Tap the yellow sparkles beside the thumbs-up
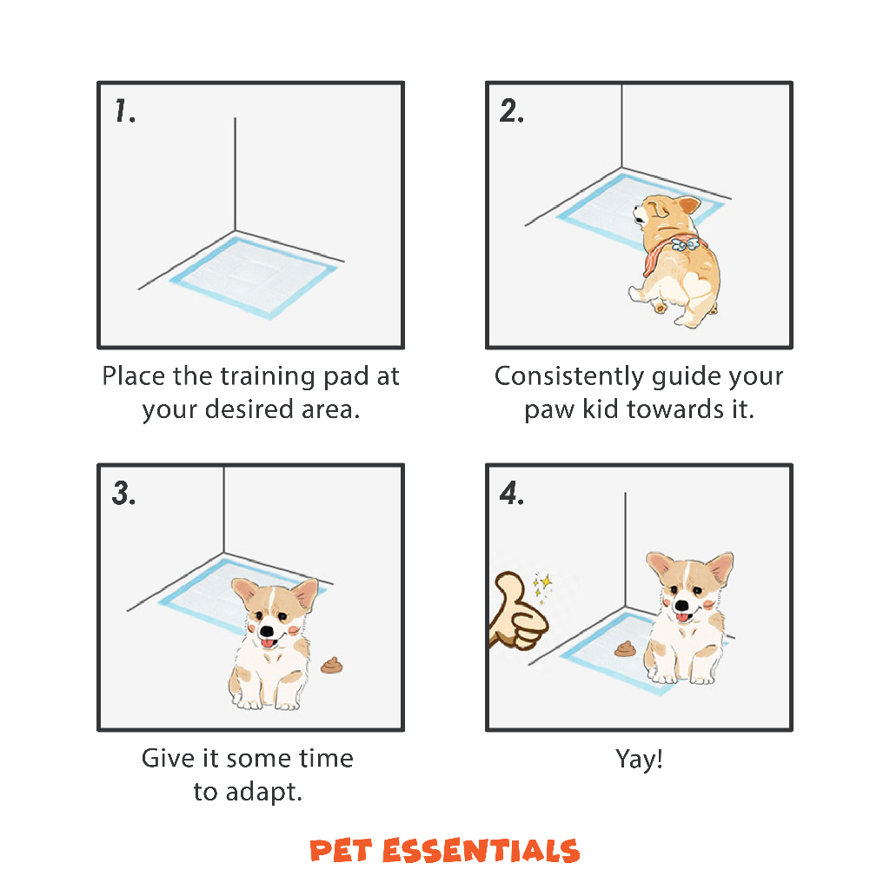[541, 587]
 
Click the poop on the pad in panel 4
[626, 648]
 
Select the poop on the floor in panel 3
[332, 665]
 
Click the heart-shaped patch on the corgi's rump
[696, 285]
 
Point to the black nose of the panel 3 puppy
[266, 631]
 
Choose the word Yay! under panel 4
[639, 759]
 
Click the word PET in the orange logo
[341, 850]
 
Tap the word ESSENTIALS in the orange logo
[482, 850]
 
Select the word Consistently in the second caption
[568, 375]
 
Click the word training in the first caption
[268, 377]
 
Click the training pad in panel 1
[253, 277]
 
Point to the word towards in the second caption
[675, 408]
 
